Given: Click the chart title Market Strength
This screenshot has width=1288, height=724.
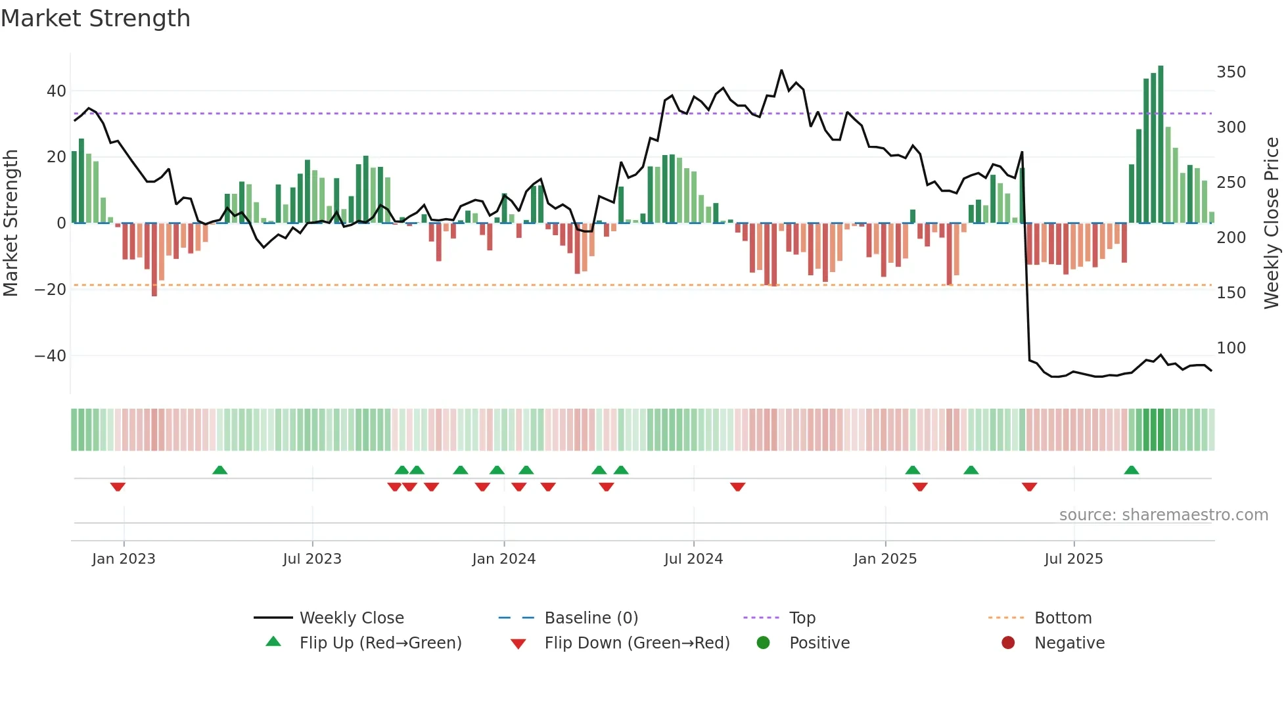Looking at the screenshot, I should click(x=95, y=18).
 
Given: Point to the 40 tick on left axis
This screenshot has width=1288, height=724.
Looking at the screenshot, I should click(x=57, y=91).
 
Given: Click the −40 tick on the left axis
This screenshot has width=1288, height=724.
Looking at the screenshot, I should click(x=51, y=356).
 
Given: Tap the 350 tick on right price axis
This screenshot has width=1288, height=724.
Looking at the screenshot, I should click(x=1231, y=72).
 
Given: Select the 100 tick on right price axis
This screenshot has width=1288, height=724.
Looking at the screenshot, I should click(x=1231, y=348).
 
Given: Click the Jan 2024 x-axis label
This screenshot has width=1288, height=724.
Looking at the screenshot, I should click(x=503, y=559).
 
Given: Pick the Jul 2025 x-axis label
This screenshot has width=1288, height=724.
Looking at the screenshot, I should click(x=1073, y=559).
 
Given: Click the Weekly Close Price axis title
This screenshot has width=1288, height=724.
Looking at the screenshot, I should click(x=1272, y=223).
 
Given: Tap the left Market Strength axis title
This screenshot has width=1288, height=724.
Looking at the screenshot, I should click(x=11, y=223).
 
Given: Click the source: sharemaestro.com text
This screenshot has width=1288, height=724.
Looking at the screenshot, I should click(x=1163, y=515).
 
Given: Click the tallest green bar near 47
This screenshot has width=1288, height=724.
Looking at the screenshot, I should click(x=1161, y=145).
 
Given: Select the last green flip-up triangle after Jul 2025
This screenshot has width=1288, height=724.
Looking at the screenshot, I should click(x=1131, y=470).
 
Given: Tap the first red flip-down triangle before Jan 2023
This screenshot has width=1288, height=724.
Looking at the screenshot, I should click(x=118, y=487).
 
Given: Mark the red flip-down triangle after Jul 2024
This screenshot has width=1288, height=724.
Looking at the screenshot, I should click(x=737, y=487).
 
